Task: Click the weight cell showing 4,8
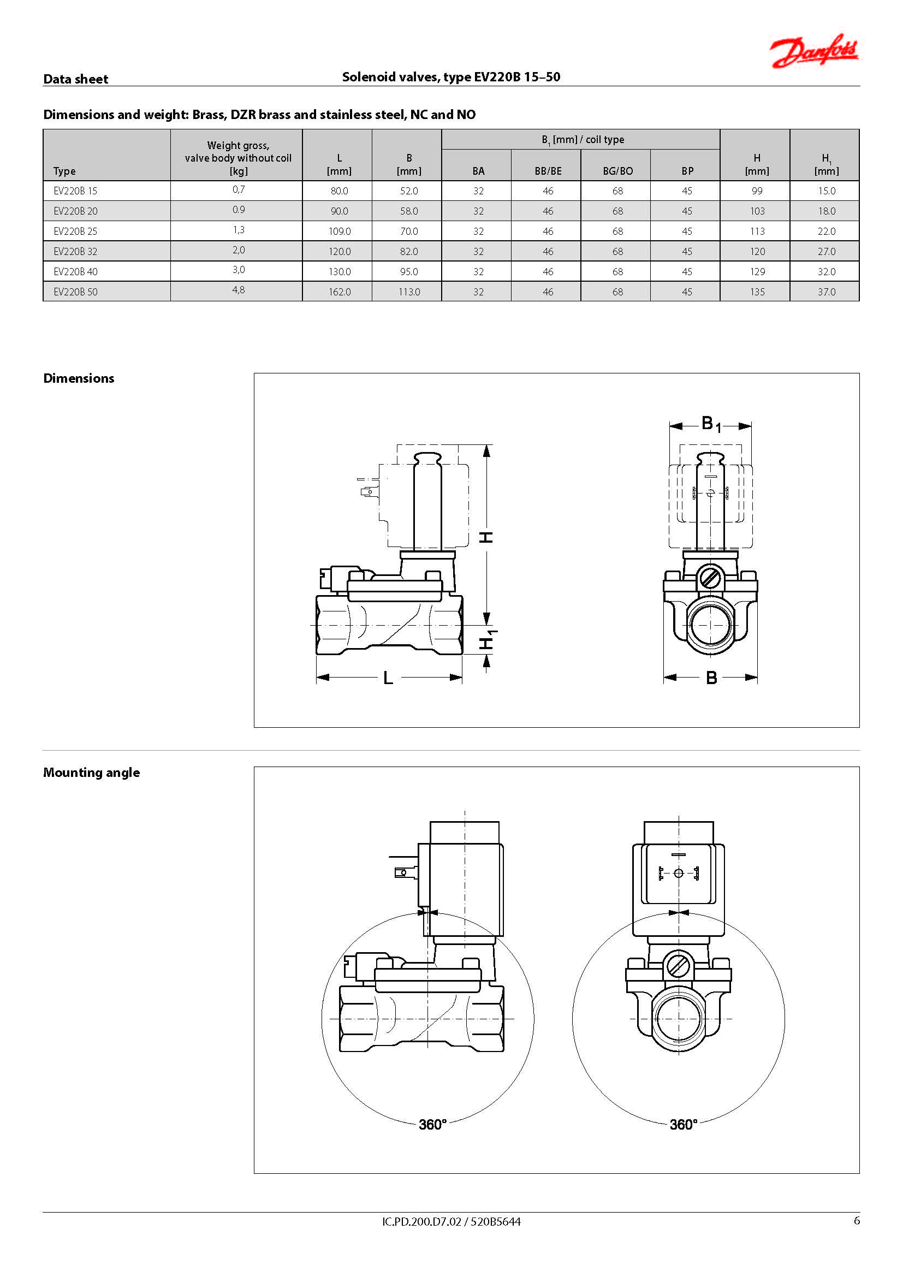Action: pos(239,290)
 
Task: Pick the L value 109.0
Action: pos(339,231)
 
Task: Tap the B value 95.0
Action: pos(409,271)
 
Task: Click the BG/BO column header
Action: pos(617,171)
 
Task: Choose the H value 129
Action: pos(757,271)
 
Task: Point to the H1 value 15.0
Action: pos(826,191)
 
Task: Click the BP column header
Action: pos(687,171)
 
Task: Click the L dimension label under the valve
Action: pos(388,678)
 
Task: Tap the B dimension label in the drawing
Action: pos(711,678)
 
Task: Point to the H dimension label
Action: pos(486,537)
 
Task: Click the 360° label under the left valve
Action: pos(432,1125)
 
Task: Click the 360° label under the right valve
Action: pos(684,1125)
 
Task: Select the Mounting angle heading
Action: pos(92,773)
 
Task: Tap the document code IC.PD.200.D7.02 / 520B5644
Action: pos(451,1221)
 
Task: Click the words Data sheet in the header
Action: pos(76,79)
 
